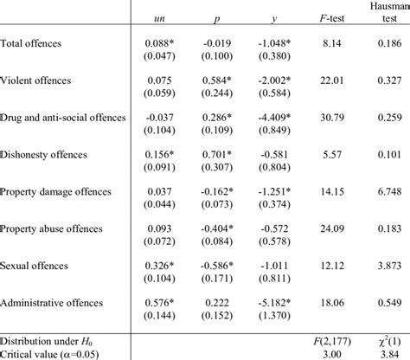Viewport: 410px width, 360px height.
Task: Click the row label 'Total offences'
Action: click(x=30, y=42)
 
